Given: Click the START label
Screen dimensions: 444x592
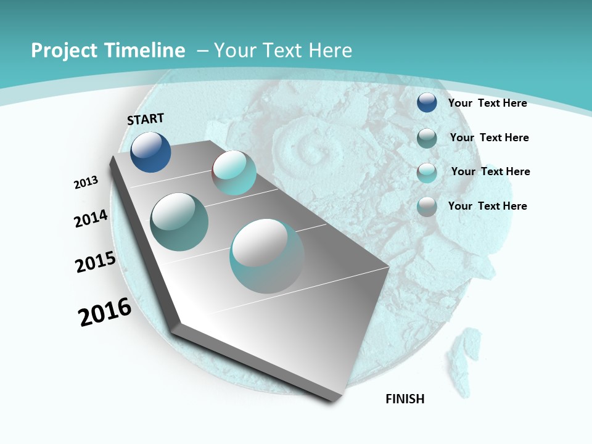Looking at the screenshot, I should (146, 119).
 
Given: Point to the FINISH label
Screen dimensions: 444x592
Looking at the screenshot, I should (405, 399).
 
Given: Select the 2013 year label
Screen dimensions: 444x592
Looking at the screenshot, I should (86, 183).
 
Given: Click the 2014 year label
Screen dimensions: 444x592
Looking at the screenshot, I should (91, 219).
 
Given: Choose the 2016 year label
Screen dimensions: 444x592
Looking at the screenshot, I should (105, 313).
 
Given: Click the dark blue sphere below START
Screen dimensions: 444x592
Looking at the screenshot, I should (150, 152).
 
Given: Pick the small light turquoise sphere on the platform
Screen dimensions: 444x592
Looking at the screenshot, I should (234, 173).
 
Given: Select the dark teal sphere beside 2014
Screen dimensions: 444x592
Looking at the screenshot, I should (179, 221).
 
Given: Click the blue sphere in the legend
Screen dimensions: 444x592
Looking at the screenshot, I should (427, 103).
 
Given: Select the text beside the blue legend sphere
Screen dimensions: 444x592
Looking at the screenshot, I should (487, 103).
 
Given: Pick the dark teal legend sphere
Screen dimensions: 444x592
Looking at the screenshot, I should (427, 138).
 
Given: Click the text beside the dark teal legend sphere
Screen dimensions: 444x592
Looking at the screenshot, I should (489, 138).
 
